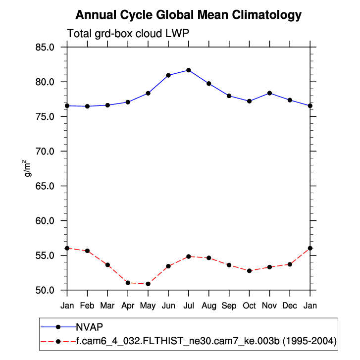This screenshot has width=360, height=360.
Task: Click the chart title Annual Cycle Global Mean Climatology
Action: [189, 15]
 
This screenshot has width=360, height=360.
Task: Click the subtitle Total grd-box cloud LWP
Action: [128, 34]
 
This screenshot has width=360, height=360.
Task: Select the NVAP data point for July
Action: [189, 70]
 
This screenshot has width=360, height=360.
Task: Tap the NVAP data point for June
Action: [168, 75]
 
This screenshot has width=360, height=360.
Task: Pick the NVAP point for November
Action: [269, 93]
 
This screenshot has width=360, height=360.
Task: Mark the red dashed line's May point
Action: [148, 284]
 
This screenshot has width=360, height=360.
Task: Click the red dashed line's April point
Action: [128, 283]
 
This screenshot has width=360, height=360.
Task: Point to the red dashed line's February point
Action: [87, 251]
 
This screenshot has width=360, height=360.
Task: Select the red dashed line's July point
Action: [189, 257]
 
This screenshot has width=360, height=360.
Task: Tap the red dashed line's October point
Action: [249, 271]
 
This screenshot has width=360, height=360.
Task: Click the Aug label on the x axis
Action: [208, 306]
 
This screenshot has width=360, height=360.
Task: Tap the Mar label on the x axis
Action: [107, 306]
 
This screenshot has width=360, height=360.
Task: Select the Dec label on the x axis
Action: [290, 306]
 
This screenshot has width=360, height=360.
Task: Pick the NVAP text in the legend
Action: [89, 327]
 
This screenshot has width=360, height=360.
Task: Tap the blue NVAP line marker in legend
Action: [58, 327]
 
